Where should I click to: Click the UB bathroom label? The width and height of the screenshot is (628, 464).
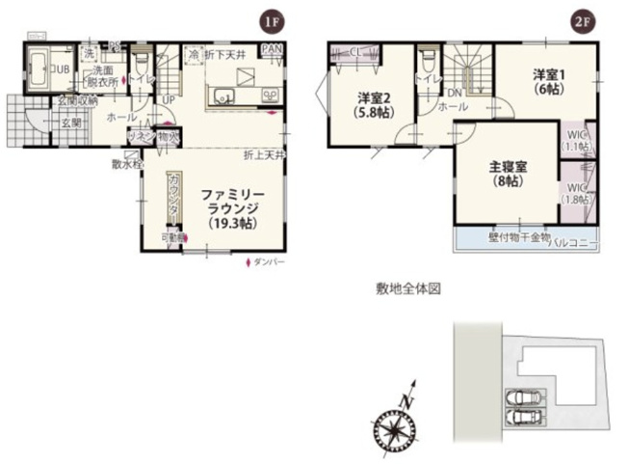(x=60, y=69)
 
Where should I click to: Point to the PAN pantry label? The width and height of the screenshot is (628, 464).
(x=272, y=49)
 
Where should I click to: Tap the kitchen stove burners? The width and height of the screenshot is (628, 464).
(x=269, y=96)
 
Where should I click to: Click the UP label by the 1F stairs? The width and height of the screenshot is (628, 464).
(x=169, y=99)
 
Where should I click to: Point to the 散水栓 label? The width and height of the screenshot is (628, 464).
(x=126, y=164)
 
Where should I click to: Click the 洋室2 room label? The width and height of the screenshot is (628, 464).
(x=371, y=97)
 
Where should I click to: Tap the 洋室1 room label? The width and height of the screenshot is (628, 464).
(x=546, y=73)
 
